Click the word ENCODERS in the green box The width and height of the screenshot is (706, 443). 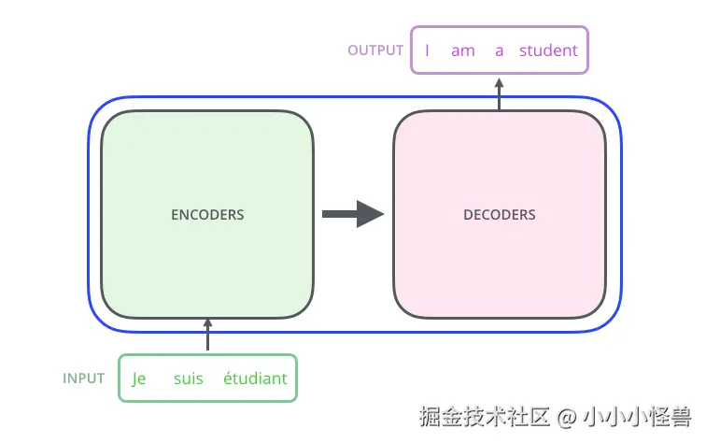(207, 214)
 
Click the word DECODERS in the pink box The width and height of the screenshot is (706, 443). (500, 214)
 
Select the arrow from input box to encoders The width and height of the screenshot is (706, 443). (207, 336)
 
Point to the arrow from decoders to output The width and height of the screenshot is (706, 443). (500, 93)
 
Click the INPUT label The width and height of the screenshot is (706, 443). (84, 379)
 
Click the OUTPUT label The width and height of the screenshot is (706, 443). (375, 50)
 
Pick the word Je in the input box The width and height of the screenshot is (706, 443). (139, 379)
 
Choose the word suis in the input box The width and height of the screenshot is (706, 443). (189, 379)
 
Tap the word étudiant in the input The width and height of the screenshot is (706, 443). (255, 379)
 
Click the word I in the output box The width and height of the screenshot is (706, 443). (427, 50)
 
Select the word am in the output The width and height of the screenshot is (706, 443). (463, 50)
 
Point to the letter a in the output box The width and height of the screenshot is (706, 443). (500, 50)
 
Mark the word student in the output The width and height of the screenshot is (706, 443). (549, 50)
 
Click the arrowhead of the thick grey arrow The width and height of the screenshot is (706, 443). (372, 214)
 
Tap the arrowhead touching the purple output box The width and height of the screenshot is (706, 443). (500, 81)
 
